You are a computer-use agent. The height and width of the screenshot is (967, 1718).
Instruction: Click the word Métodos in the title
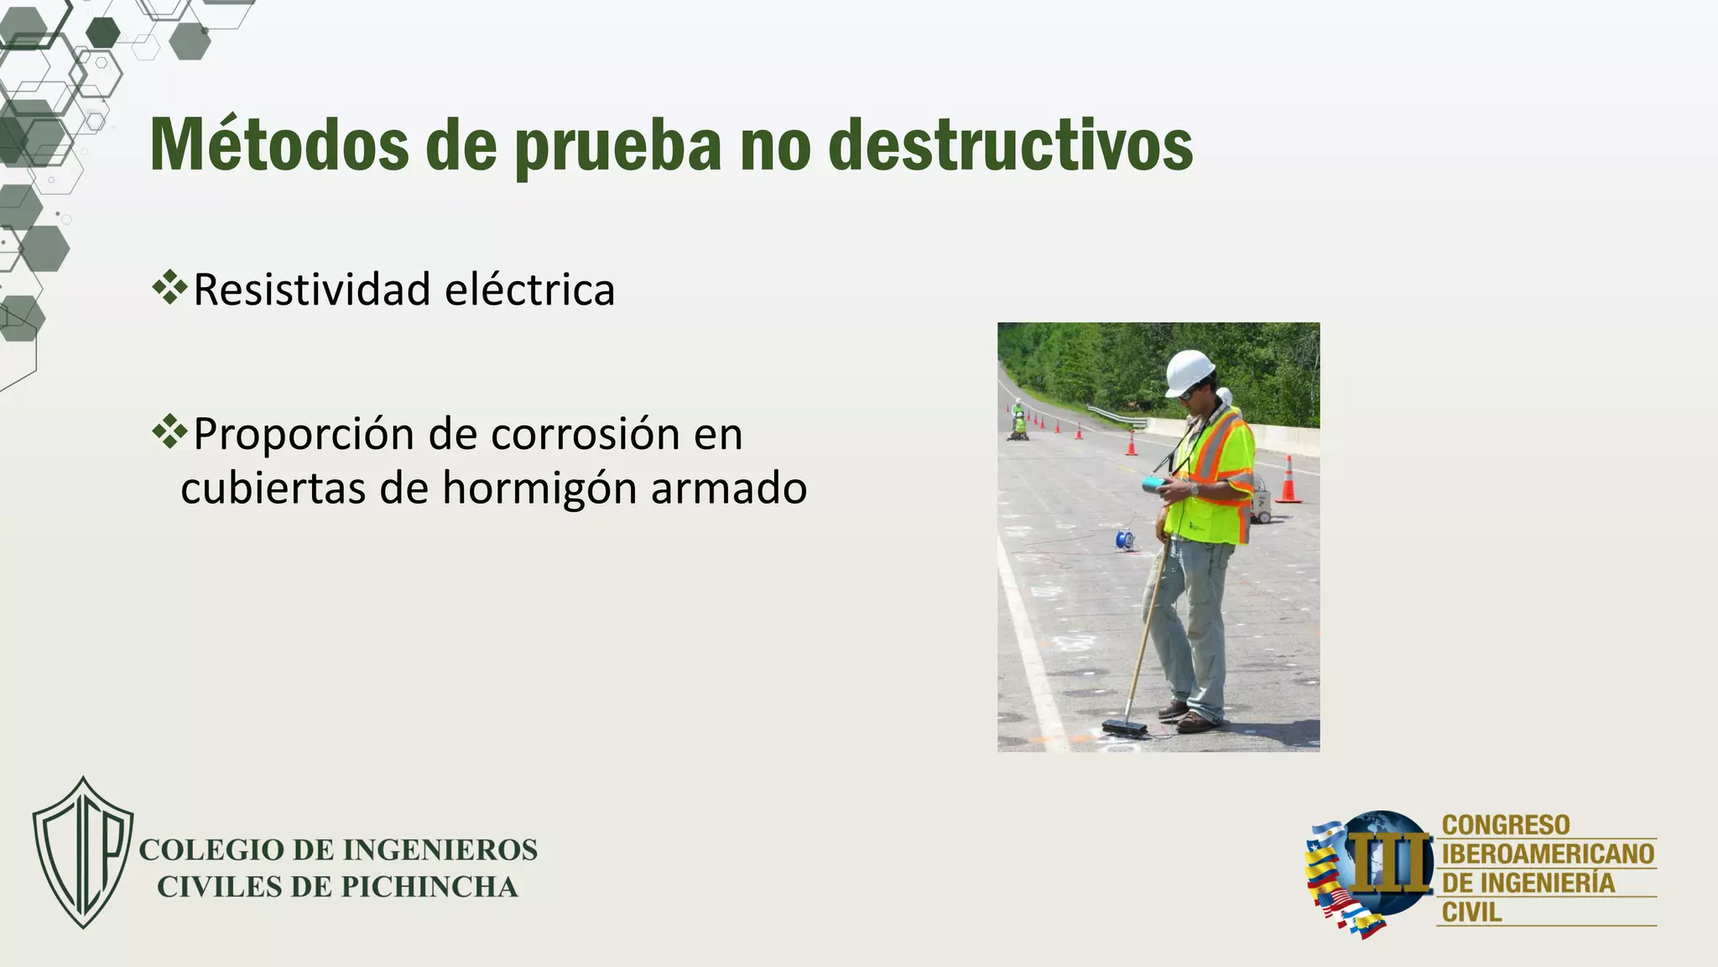(x=279, y=144)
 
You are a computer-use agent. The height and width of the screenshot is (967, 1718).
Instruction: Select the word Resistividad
(x=312, y=290)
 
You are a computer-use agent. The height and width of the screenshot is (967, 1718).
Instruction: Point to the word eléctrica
(x=530, y=290)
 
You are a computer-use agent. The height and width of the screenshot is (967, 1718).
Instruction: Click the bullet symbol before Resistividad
(x=170, y=287)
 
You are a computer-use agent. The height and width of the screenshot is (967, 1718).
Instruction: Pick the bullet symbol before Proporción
(x=170, y=431)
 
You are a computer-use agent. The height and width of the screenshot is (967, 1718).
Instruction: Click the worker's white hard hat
(x=1189, y=371)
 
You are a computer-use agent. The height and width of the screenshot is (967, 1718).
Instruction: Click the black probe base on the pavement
(x=1124, y=727)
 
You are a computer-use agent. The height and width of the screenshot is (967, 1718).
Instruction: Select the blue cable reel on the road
(x=1124, y=539)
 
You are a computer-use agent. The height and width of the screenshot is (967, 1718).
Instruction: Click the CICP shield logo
(x=83, y=851)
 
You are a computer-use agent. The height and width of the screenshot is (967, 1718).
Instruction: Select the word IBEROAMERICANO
(x=1548, y=855)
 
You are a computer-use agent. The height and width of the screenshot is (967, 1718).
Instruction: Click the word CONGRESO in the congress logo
(x=1506, y=825)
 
